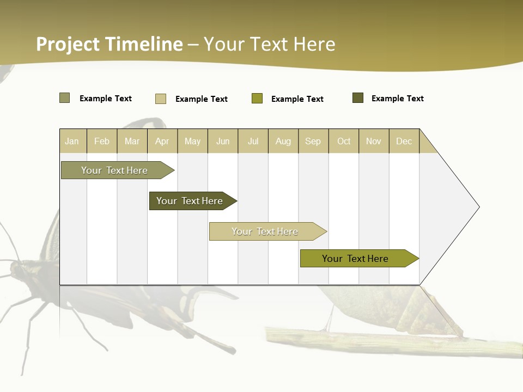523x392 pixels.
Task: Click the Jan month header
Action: pyautogui.click(x=72, y=141)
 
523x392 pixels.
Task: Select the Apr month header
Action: pyautogui.click(x=162, y=141)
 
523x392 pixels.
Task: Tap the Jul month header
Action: pyautogui.click(x=253, y=141)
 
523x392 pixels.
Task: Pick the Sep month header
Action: pyautogui.click(x=313, y=141)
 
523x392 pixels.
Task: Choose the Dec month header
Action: pyautogui.click(x=404, y=141)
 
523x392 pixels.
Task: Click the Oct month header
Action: pyautogui.click(x=344, y=141)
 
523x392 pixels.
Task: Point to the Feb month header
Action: pyautogui.click(x=102, y=141)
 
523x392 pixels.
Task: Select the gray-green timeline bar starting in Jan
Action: pyautogui.click(x=114, y=170)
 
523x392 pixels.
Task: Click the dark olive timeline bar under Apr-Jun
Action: pyautogui.click(x=190, y=201)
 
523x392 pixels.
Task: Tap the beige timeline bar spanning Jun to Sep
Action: pyautogui.click(x=265, y=231)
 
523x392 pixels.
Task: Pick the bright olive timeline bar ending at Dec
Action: pyautogui.click(x=355, y=259)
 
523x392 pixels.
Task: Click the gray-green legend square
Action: pyautogui.click(x=65, y=98)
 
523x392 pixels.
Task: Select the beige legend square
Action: pyautogui.click(x=161, y=99)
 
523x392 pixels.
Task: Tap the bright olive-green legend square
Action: pyautogui.click(x=257, y=99)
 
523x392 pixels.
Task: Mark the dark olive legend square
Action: pyautogui.click(x=358, y=98)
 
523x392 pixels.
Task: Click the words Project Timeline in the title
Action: pyautogui.click(x=109, y=44)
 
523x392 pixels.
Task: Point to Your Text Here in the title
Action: pyautogui.click(x=269, y=44)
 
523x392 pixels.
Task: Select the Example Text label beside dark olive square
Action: pyautogui.click(x=397, y=99)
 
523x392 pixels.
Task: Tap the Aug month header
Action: pyautogui.click(x=283, y=141)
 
